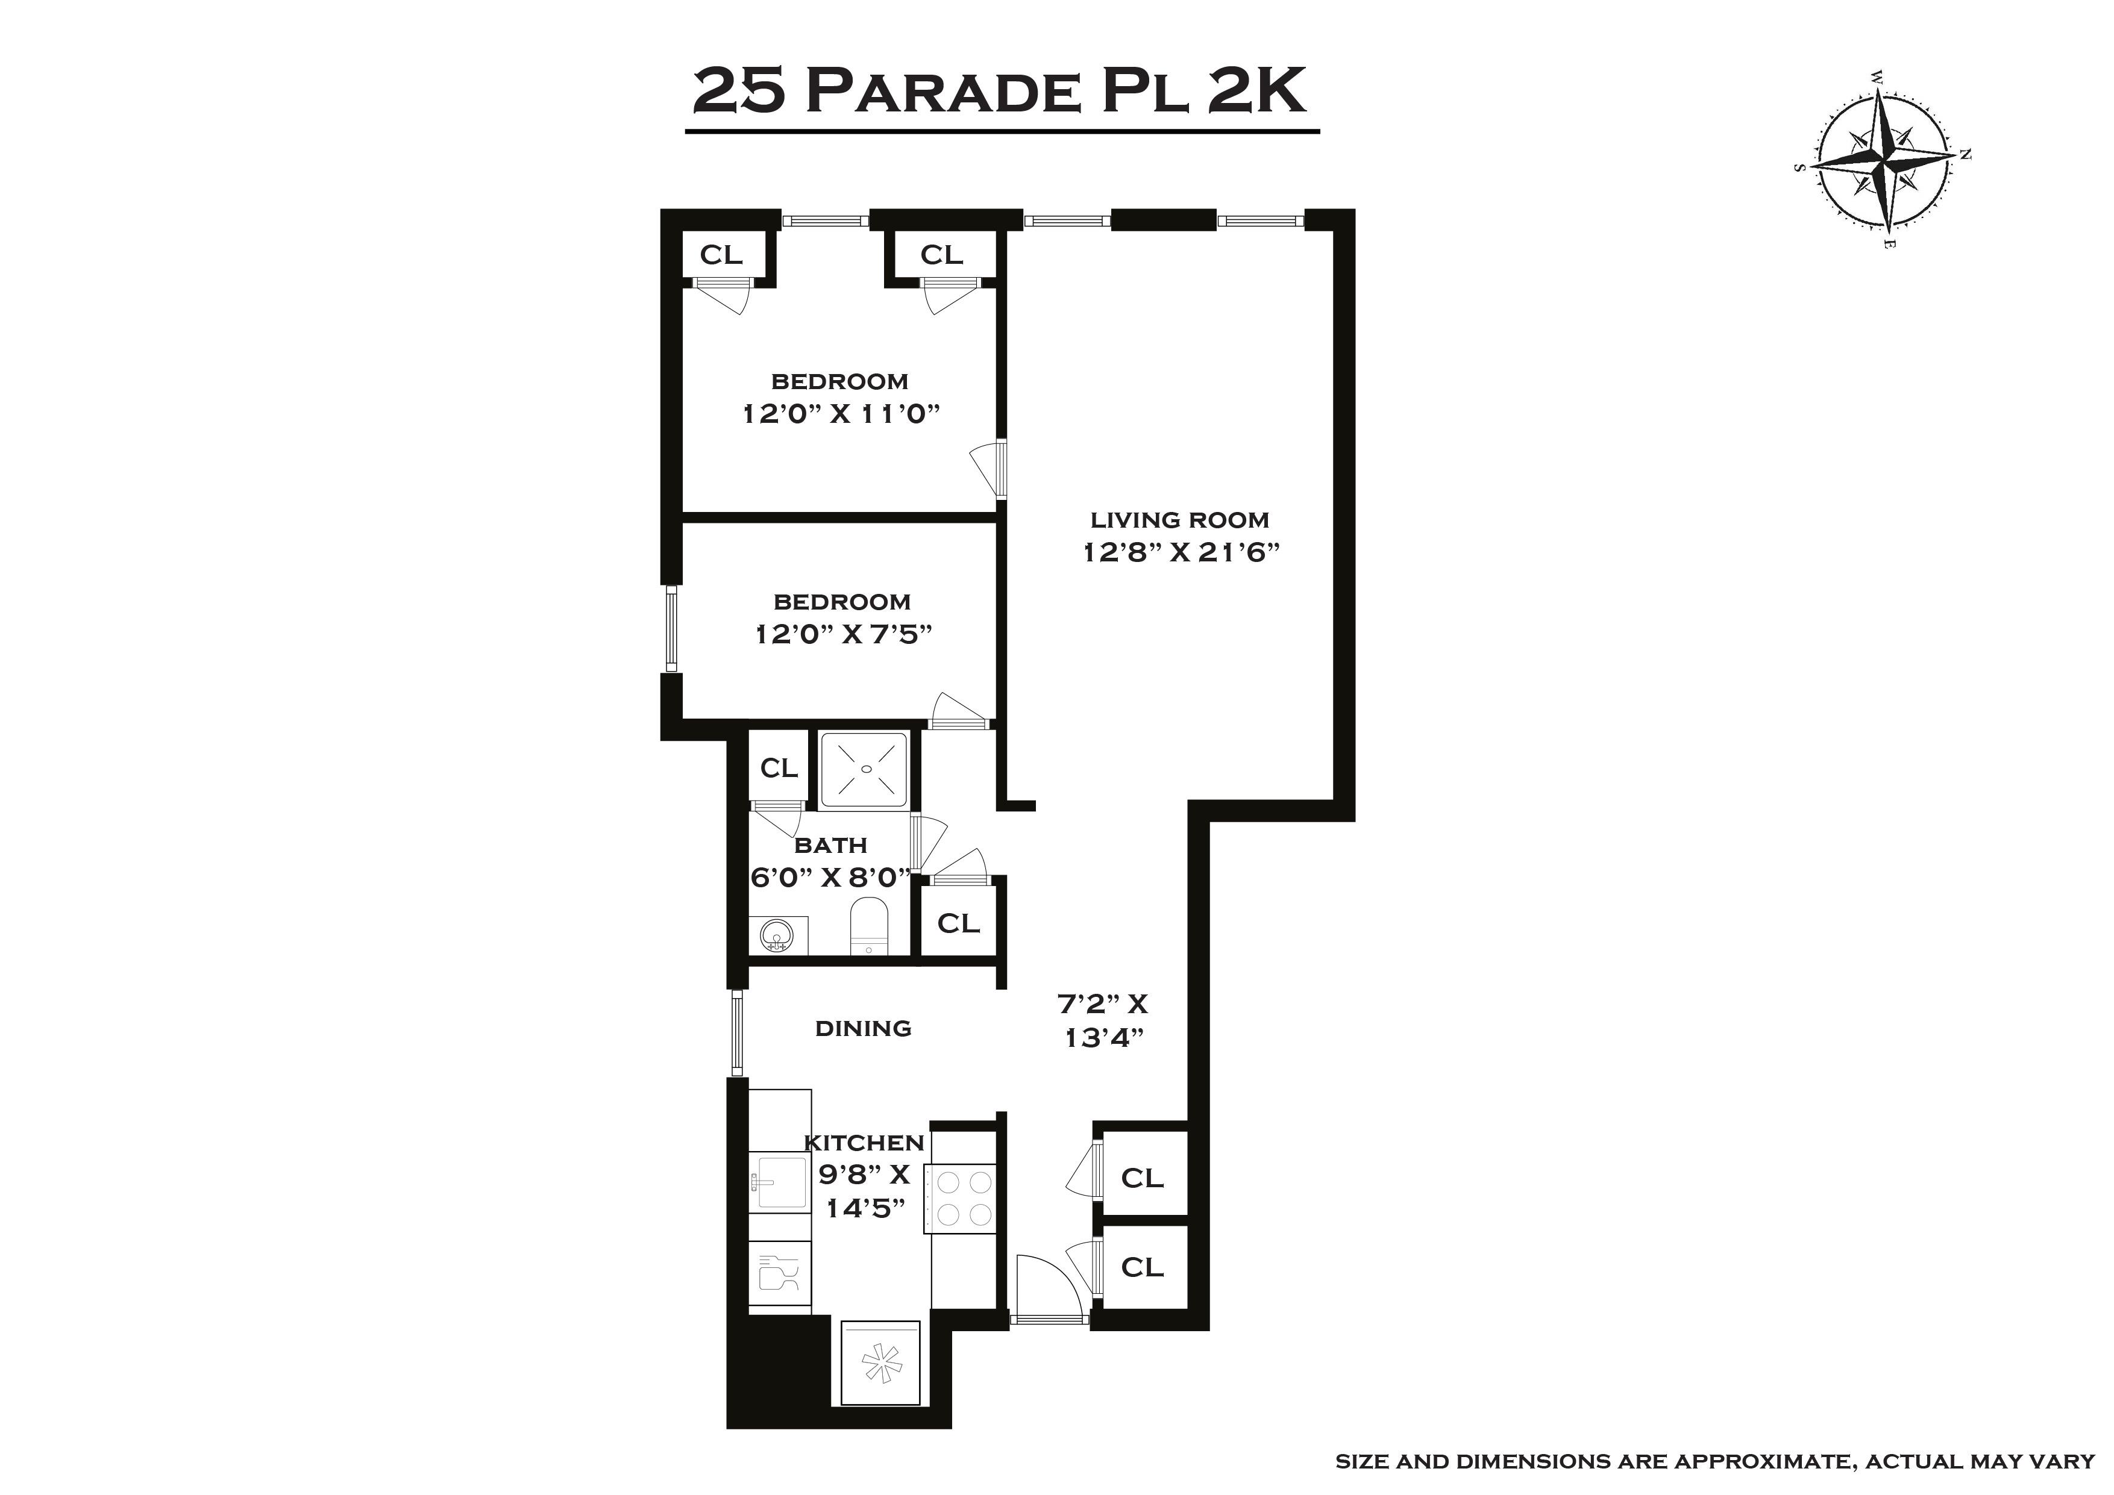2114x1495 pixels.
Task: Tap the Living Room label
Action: tap(1179, 520)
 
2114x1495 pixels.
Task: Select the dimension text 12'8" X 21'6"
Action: tap(1181, 552)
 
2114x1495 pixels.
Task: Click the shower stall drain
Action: tap(865, 769)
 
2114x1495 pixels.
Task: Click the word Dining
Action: tap(863, 1028)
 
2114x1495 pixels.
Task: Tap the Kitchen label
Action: tap(864, 1143)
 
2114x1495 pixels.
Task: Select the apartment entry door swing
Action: tap(1050, 1290)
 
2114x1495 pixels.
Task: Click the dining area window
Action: tap(736, 1032)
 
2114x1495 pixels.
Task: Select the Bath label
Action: tap(830, 845)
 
